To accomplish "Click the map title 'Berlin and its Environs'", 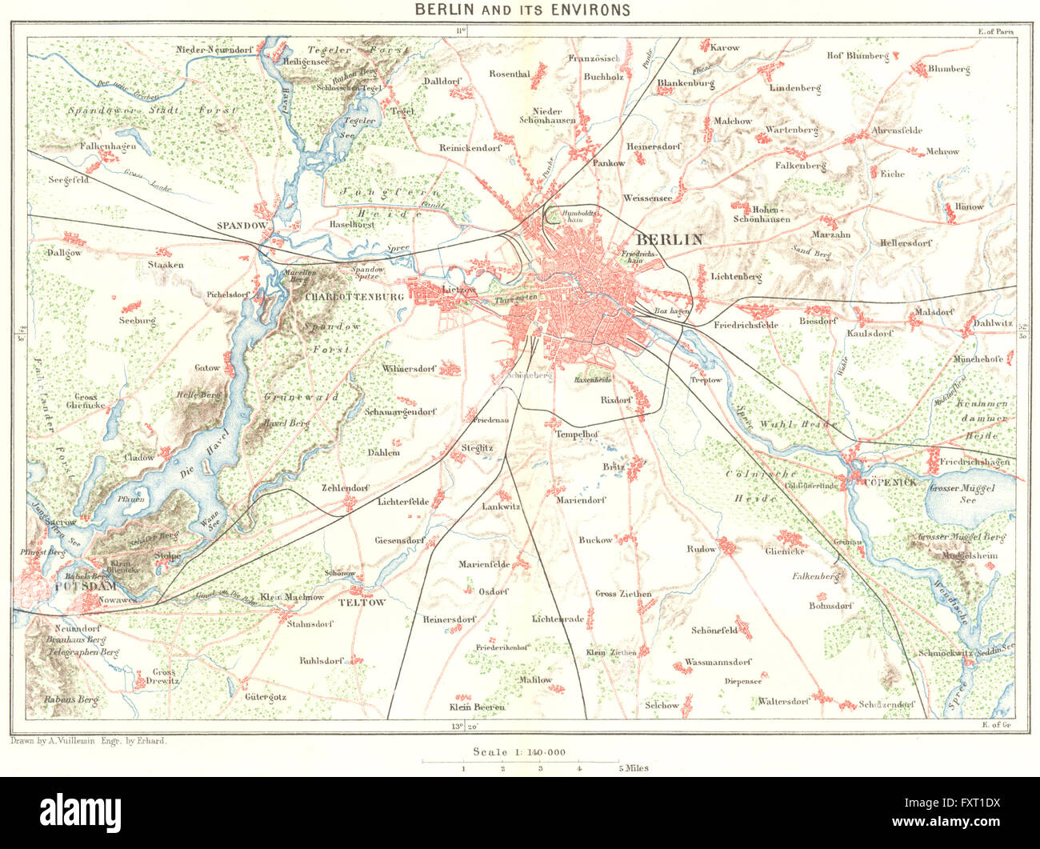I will pos(522,10).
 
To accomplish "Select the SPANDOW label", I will pos(240,226).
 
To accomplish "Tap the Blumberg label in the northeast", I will pos(948,70).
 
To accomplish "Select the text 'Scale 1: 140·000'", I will pos(519,751).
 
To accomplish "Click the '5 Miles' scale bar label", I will pos(632,768).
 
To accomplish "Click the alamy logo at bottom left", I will pos(81,811).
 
